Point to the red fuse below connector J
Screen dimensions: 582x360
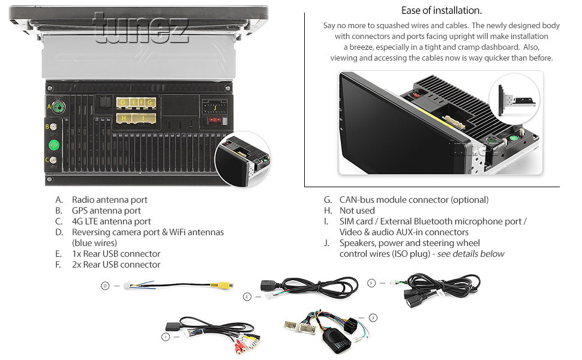(211, 119)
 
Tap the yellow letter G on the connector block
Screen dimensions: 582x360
(150, 103)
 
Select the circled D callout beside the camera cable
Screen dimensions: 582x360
(105, 286)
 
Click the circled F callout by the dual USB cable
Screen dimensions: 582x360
(371, 283)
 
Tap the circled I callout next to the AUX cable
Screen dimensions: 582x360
(166, 337)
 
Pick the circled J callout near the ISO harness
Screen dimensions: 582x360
(373, 316)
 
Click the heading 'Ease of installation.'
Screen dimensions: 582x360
(441, 11)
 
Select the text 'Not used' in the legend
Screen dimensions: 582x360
(357, 211)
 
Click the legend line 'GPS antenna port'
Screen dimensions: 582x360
(106, 211)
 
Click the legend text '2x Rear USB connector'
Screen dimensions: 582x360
(116, 265)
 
